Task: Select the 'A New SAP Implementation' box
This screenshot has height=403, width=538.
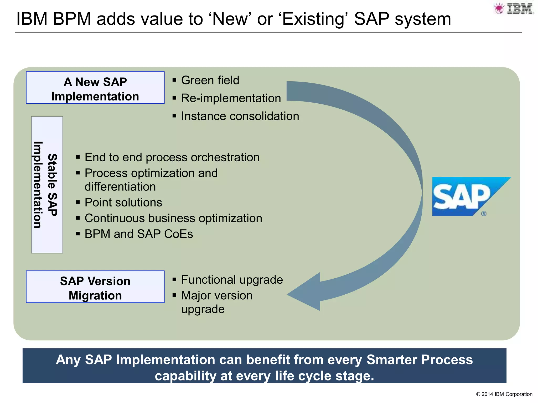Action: point(95,88)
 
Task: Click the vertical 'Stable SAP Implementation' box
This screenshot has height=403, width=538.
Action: point(47,185)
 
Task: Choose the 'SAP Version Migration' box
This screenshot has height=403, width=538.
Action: point(95,287)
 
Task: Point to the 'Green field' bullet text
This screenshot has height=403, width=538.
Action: point(210,80)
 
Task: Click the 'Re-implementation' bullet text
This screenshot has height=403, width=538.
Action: point(231,98)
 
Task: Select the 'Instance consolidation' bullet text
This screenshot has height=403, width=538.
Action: point(240,116)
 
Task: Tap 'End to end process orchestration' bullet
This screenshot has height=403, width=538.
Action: point(172,157)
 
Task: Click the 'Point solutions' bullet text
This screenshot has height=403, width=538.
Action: point(123,203)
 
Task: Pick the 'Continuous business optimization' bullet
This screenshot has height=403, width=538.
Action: point(173,218)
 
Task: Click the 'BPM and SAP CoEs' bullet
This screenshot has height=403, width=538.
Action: point(138,234)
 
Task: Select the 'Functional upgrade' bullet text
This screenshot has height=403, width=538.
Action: point(232,280)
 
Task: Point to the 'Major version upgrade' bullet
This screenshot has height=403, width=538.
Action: point(217,302)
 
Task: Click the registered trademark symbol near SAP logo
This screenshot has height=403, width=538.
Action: point(484,214)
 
